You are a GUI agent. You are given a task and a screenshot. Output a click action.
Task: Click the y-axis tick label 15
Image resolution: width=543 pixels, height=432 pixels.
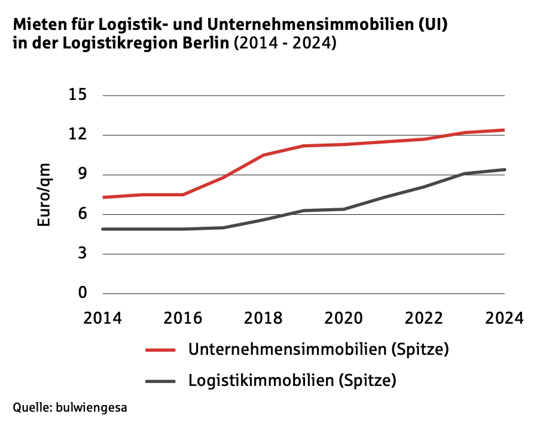[78, 95]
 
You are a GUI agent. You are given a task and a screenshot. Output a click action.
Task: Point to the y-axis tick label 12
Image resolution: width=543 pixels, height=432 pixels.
[78, 135]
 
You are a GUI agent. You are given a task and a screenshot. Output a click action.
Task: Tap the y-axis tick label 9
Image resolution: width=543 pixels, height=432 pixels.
[83, 175]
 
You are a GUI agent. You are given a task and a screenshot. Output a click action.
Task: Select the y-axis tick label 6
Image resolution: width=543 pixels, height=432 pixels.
[83, 214]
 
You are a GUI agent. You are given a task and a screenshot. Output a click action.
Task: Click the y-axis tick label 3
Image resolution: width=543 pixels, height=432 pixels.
[83, 254]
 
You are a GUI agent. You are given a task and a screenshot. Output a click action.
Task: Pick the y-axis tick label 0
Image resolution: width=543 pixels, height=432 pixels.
[83, 293]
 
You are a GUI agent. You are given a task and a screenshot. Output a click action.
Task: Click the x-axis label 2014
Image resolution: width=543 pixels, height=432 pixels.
[103, 317]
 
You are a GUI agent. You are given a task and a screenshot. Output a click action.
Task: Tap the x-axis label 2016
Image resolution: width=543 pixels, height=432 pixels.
[183, 317]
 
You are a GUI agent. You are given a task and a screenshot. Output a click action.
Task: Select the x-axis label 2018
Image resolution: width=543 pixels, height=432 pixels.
[264, 317]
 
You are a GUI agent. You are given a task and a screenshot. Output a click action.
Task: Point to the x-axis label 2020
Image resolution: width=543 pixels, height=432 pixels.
[344, 317]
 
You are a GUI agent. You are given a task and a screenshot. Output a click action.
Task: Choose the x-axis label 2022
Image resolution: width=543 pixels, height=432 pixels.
[424, 317]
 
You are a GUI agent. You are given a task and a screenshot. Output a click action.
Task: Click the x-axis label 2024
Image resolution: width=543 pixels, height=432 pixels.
[504, 317]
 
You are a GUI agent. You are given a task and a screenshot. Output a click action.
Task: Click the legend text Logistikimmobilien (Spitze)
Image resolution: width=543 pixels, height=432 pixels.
[292, 380]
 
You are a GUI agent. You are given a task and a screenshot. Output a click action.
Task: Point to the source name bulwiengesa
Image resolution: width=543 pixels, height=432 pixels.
[91, 408]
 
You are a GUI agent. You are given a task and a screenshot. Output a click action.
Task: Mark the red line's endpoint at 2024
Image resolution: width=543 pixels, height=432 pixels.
[504, 130]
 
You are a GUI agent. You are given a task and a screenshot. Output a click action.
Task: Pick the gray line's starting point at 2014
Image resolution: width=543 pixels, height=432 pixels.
[103, 229]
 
